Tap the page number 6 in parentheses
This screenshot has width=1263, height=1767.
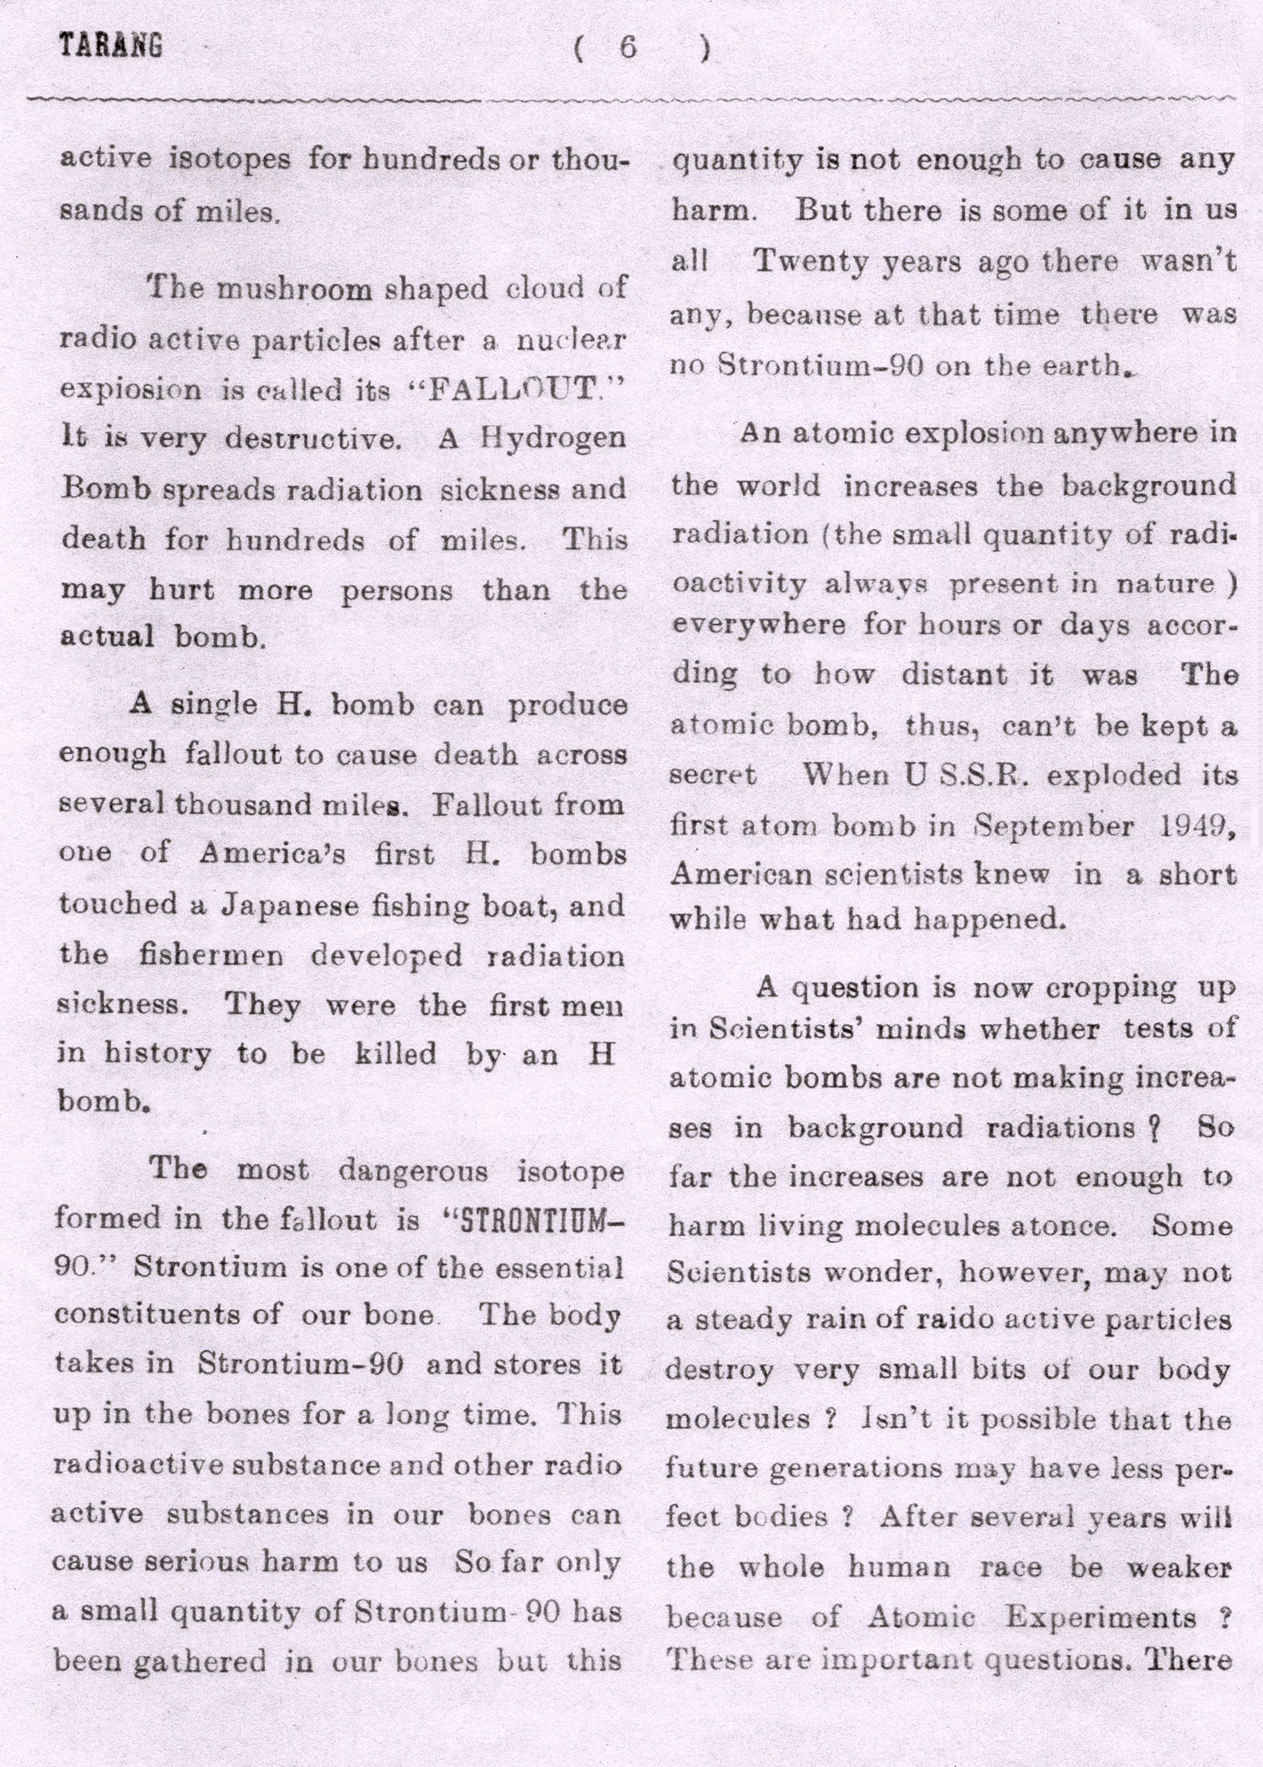(x=628, y=49)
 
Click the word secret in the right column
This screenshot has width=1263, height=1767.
(x=713, y=775)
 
